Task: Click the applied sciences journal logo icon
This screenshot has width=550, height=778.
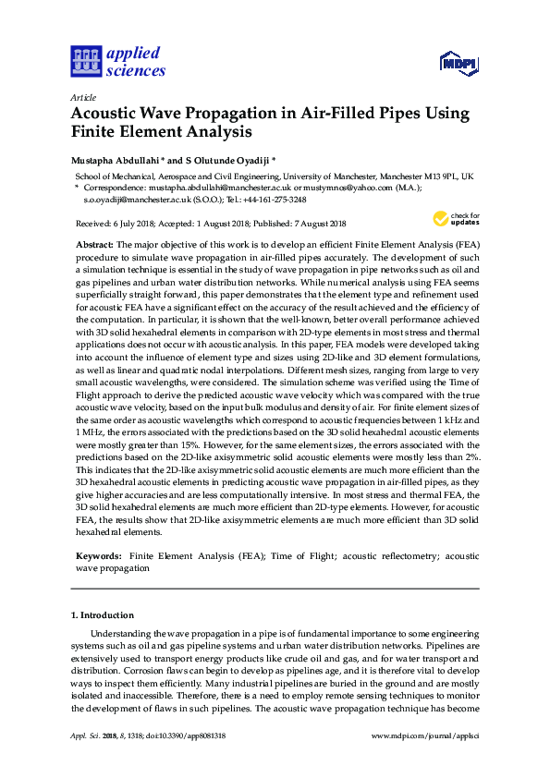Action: pyautogui.click(x=85, y=62)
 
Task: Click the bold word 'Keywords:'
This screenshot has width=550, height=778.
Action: pyautogui.click(x=99, y=557)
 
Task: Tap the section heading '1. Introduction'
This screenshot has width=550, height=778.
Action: pyautogui.click(x=103, y=614)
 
